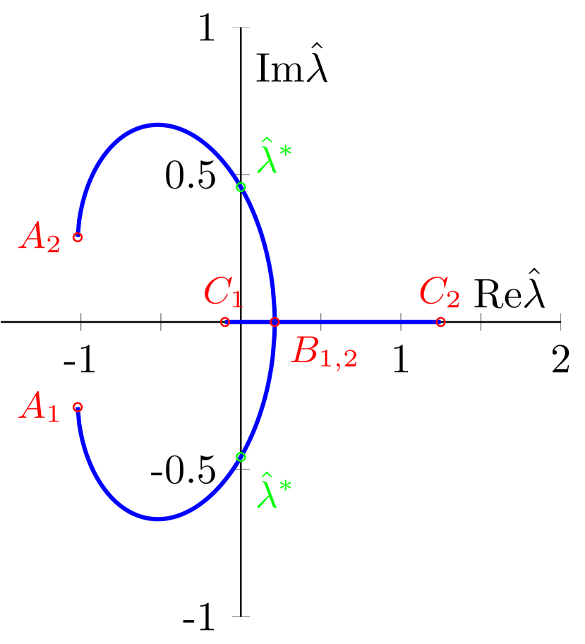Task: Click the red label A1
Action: (40, 407)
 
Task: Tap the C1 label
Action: (223, 292)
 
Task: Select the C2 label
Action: (439, 292)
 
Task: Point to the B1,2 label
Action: (324, 351)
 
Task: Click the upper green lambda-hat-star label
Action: (274, 157)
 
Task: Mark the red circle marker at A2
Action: (78, 237)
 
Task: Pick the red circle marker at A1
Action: (78, 407)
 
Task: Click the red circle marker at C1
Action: (225, 322)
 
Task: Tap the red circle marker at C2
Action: (440, 322)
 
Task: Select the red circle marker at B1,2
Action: (275, 322)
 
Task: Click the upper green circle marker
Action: (241, 187)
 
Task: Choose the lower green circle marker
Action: (241, 457)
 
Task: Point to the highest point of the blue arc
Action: (159, 125)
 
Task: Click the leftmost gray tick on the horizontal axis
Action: (81, 322)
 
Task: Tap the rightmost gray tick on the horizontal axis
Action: (561, 322)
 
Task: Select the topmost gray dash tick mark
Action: (241, 28)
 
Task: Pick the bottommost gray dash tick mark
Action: (241, 616)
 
